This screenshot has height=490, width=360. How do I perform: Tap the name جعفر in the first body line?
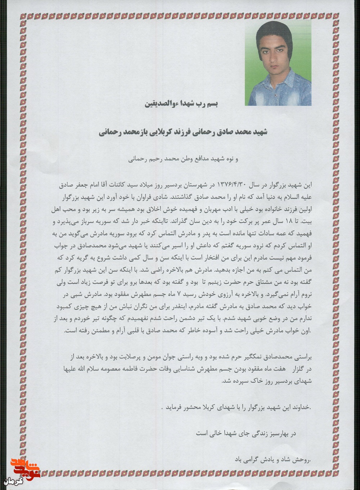point(86,184)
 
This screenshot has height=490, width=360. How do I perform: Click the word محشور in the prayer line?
point(186,408)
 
